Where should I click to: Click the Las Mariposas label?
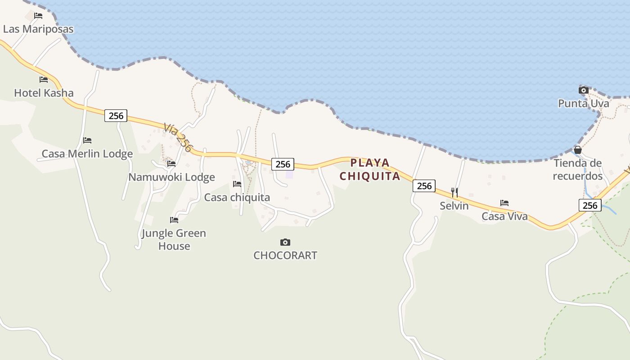(x=38, y=29)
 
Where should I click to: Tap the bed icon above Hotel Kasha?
(x=44, y=80)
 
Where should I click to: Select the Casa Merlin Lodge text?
(x=87, y=154)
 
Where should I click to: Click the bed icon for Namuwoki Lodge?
(x=171, y=164)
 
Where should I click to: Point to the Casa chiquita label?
(x=237, y=198)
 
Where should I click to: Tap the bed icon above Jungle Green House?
(x=174, y=220)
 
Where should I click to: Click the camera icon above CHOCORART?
(x=285, y=243)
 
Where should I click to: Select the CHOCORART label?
(x=285, y=256)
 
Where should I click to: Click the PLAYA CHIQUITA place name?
(x=370, y=169)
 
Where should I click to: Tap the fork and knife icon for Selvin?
(x=454, y=193)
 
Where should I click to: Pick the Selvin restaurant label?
(x=454, y=206)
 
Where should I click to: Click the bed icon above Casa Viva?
(x=504, y=203)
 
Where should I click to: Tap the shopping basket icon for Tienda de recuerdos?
(x=578, y=150)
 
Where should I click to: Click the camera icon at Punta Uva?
(x=584, y=90)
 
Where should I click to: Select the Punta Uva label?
(x=584, y=103)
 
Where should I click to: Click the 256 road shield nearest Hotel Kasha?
(x=116, y=116)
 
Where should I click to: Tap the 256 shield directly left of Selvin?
(x=424, y=186)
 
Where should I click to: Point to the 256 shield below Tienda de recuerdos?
(x=590, y=206)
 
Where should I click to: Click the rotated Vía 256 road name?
(x=178, y=137)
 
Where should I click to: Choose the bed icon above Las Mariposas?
(x=38, y=16)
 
